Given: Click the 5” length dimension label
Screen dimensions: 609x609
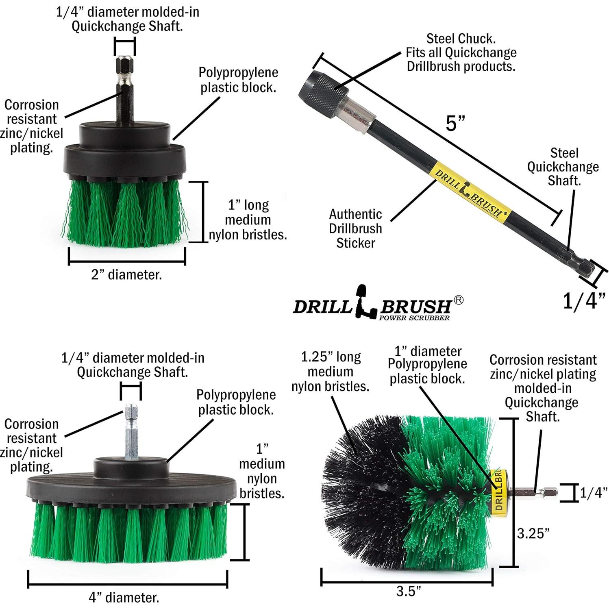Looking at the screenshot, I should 455,123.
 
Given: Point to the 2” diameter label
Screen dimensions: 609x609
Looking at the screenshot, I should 126,275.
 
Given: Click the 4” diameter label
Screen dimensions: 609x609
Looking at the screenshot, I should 124,597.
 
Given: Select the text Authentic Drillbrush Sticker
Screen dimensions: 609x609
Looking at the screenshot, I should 355,228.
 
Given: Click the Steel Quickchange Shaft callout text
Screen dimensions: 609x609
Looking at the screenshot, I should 563,167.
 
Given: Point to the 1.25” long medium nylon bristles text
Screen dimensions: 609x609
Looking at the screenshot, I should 330,372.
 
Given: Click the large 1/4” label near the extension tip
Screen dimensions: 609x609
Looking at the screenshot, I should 584,301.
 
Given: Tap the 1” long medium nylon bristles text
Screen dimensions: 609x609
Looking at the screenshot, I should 248,220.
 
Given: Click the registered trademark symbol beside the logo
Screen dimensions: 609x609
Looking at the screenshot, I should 458,300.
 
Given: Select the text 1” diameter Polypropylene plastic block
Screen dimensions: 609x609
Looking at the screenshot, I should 427,365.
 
